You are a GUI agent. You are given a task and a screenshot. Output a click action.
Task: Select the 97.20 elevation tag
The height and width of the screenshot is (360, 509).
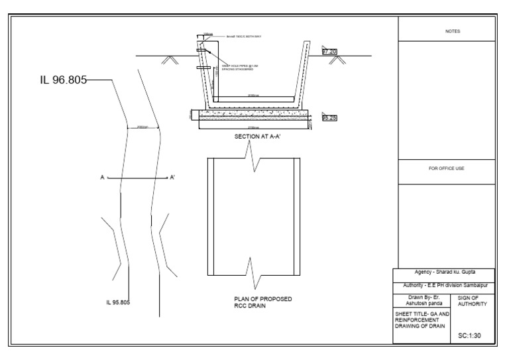pos(329,51)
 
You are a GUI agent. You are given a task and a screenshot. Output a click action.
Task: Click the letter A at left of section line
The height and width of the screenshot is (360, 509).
pos(102,178)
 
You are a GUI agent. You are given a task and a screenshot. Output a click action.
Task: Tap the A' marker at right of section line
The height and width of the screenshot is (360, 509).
pos(172,178)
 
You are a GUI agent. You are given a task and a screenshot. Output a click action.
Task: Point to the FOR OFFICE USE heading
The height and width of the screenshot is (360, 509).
pos(447,168)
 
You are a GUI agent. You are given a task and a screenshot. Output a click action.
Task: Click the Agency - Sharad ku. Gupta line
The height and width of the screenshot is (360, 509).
pos(446,272)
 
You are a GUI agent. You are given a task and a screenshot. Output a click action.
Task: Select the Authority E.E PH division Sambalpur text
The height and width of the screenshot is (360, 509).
pos(446,285)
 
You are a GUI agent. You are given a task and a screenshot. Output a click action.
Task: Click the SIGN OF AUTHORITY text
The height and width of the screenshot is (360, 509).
pos(473,300)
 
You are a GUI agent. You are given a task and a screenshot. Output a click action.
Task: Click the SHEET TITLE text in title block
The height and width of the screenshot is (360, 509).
pos(422,320)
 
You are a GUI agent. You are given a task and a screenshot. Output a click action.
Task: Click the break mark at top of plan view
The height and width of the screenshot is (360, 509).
pos(253,158)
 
